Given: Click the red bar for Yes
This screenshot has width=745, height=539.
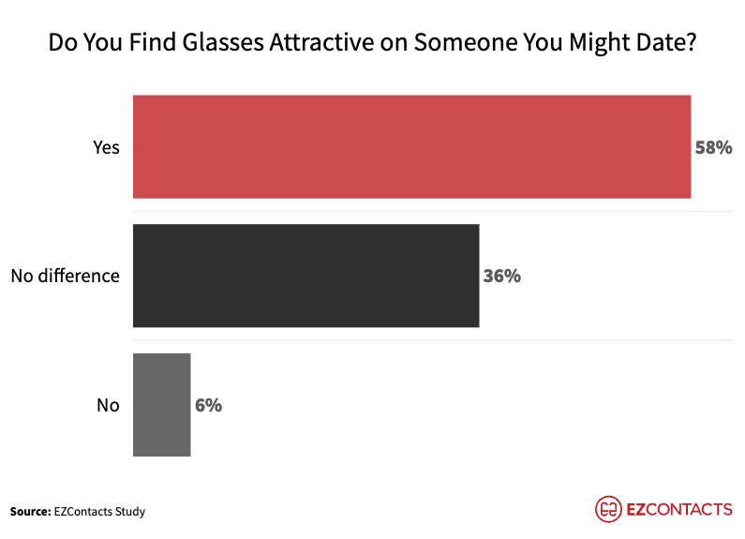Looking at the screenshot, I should point(411,146).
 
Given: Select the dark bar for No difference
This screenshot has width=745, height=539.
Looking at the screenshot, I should point(305,276).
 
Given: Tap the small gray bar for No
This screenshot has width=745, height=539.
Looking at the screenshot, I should point(161,405).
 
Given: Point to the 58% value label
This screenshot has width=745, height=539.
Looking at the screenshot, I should point(712,147).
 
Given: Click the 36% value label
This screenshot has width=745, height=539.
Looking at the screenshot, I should point(501,277).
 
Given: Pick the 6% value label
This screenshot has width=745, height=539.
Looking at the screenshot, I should point(208,405).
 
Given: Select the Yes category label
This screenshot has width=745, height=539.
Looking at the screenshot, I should point(106,147).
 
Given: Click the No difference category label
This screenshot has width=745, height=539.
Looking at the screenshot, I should point(66,276).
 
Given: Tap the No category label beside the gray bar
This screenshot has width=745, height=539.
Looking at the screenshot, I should point(108,405).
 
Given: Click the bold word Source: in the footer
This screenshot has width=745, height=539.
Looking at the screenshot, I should point(29,511).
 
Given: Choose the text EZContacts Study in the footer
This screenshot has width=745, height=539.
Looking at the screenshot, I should point(98,511).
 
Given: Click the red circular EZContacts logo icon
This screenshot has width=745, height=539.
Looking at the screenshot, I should point(609,509).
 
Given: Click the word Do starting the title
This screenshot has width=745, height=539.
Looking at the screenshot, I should point(62,43).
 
